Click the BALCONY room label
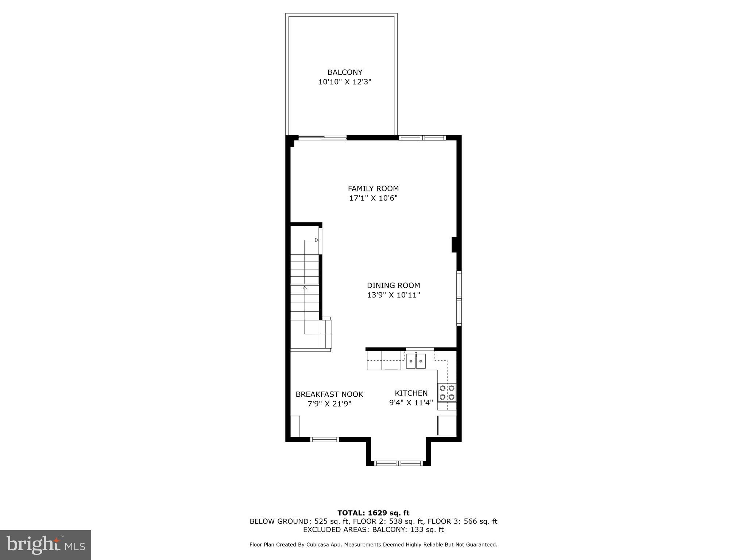click(345, 72)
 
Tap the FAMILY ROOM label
click(373, 188)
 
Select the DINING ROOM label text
click(393, 285)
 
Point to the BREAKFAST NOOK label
click(329, 394)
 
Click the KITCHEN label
click(411, 393)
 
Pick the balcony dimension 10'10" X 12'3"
click(345, 82)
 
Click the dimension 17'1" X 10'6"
click(373, 198)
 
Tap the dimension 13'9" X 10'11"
click(393, 295)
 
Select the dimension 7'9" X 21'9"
click(329, 404)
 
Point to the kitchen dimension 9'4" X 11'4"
click(411, 403)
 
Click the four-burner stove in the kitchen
click(447, 392)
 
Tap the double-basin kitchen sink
click(416, 361)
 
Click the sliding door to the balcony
click(322, 138)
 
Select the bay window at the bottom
click(398, 463)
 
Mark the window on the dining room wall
click(459, 298)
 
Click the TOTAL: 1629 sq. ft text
click(373, 513)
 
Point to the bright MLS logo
click(46, 545)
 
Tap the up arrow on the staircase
click(305, 288)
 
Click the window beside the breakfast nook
click(324, 440)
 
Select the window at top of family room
click(422, 138)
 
